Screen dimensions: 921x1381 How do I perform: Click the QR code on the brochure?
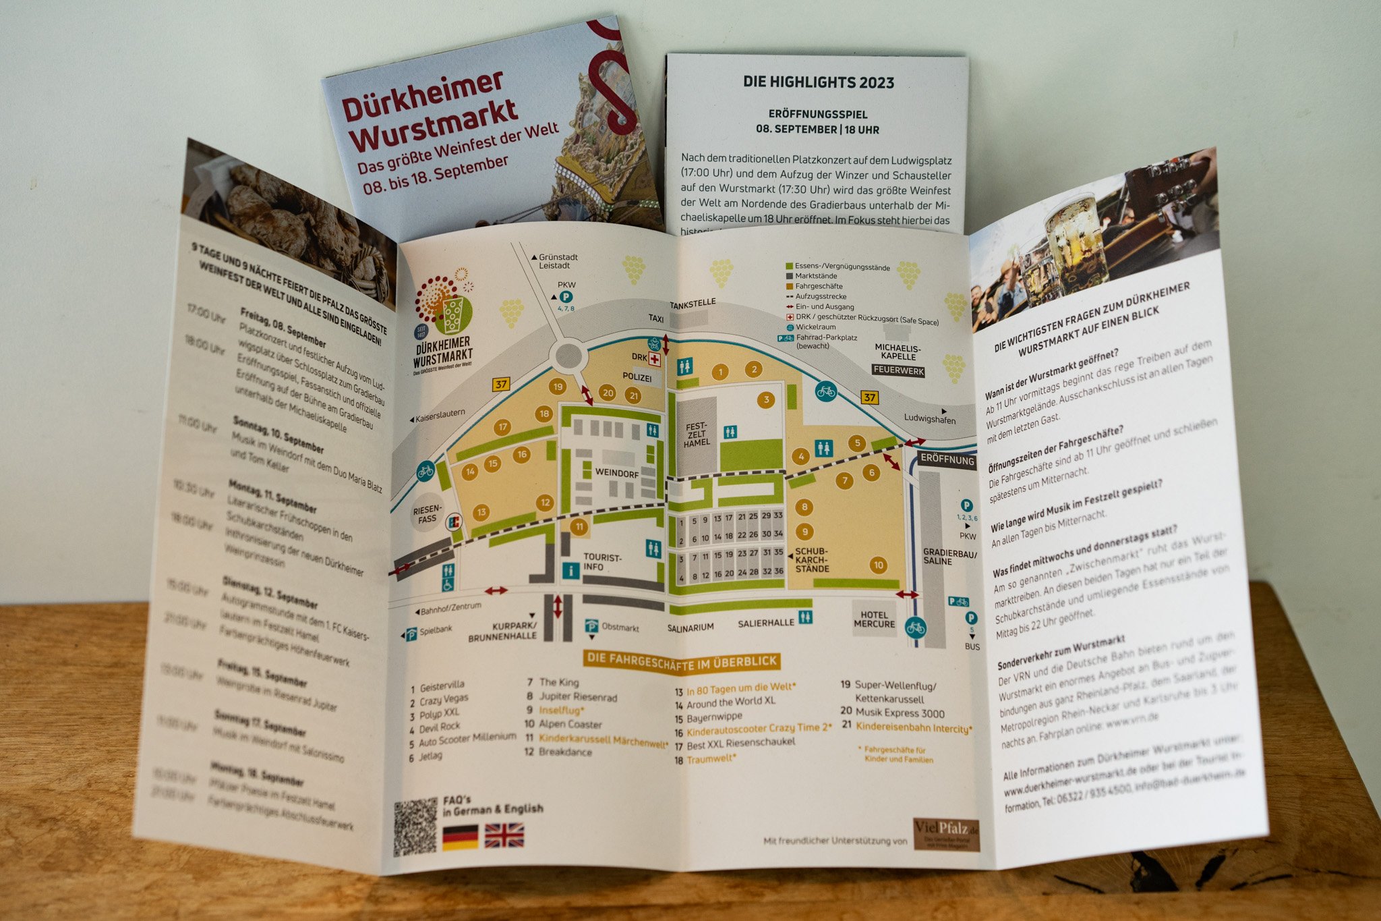pyautogui.click(x=415, y=827)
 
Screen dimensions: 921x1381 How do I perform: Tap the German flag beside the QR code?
pyautogui.click(x=461, y=837)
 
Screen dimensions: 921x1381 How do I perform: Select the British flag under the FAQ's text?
pyautogui.click(x=504, y=835)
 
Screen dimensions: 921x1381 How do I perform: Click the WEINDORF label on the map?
pyautogui.click(x=616, y=473)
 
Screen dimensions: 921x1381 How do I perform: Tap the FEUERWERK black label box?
pyautogui.click(x=898, y=370)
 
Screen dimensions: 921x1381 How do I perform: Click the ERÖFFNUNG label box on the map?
pyautogui.click(x=947, y=459)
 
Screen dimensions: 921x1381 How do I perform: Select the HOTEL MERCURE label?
pyautogui.click(x=874, y=619)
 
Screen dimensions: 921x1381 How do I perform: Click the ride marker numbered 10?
pyautogui.click(x=878, y=565)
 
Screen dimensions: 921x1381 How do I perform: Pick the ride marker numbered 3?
pyautogui.click(x=766, y=400)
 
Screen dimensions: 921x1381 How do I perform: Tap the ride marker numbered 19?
pyautogui.click(x=557, y=387)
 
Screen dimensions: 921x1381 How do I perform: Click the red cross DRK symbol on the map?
pyautogui.click(x=654, y=360)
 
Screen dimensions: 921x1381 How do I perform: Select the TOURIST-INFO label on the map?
pyautogui.click(x=602, y=562)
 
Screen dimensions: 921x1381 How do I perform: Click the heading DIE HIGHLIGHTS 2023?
pyautogui.click(x=819, y=82)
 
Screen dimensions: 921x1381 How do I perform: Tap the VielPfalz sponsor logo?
pyautogui.click(x=946, y=834)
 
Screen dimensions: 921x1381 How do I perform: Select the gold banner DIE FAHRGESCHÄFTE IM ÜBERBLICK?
pyautogui.click(x=681, y=661)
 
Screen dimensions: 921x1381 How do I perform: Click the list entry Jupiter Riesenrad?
pyautogui.click(x=578, y=697)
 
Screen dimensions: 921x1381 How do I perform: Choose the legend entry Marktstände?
pyautogui.click(x=815, y=276)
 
